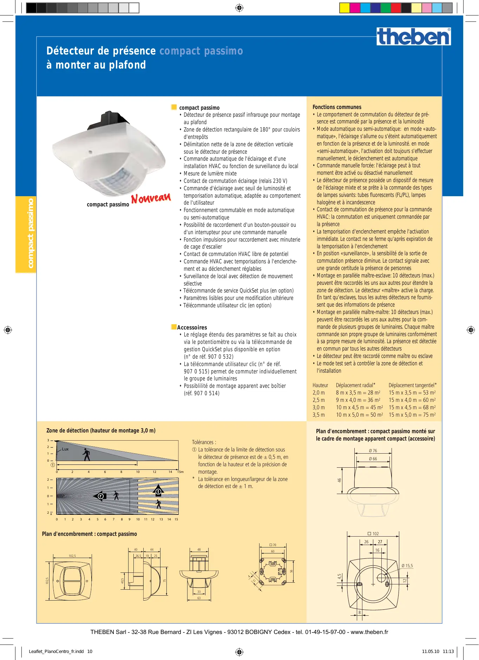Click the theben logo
click(414, 37)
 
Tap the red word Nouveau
click(151, 198)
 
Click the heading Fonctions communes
click(337, 107)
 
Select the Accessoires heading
click(192, 327)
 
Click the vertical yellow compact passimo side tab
click(26, 234)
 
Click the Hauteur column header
click(320, 385)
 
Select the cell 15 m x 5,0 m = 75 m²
click(412, 415)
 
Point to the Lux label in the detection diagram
click(65, 449)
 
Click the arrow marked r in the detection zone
click(100, 496)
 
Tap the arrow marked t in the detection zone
click(158, 491)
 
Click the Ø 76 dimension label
click(373, 450)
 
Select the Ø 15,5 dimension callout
click(407, 566)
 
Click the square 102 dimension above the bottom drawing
click(373, 533)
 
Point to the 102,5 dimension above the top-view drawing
click(72, 556)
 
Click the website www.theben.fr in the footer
click(369, 632)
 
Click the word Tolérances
click(204, 442)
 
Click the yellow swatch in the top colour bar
click(345, 8)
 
